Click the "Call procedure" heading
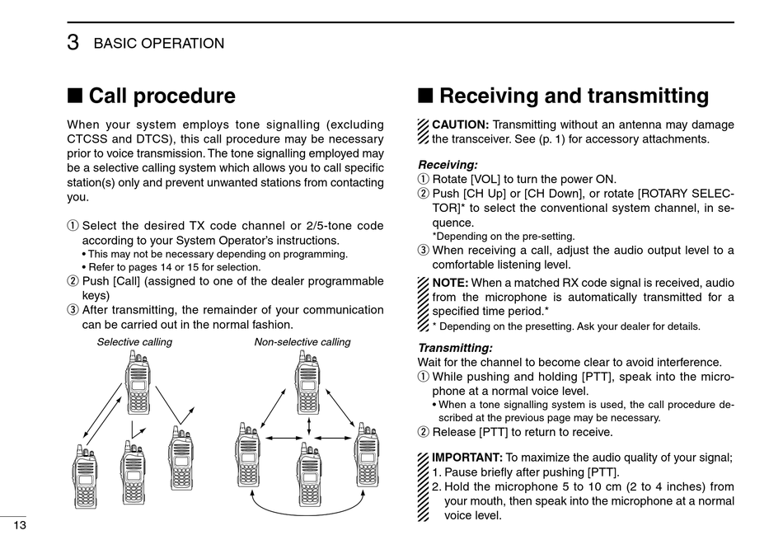point(162,96)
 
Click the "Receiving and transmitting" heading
point(574,96)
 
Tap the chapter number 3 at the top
point(73,44)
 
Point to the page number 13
point(19,526)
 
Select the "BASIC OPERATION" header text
point(159,44)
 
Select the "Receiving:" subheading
point(448,165)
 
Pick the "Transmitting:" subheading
point(455,348)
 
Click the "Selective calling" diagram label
point(134,342)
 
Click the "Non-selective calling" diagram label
point(302,342)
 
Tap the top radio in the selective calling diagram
point(138,384)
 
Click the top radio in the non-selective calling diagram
point(307,384)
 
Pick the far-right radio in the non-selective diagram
point(367,455)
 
